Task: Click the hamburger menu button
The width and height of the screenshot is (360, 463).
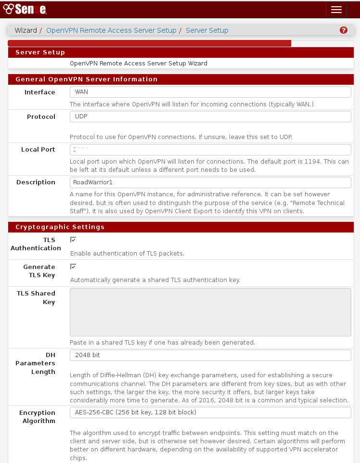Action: (x=336, y=10)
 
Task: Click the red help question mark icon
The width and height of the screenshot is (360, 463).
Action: (x=343, y=30)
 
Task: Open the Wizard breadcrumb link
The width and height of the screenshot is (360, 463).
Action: (x=26, y=30)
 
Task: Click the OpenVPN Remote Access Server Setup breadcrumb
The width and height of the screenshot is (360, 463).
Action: (x=111, y=30)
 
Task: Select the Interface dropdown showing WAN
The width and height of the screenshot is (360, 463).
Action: (x=210, y=92)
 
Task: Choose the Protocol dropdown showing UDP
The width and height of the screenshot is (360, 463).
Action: (x=210, y=116)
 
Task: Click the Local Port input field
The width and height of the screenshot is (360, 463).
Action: (x=210, y=149)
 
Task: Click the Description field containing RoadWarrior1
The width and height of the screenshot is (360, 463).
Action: (x=210, y=182)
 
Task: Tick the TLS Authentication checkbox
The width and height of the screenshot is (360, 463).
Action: (x=73, y=240)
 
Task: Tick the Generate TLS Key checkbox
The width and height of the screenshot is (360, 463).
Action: (x=73, y=267)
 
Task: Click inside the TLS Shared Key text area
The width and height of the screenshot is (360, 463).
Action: (x=210, y=312)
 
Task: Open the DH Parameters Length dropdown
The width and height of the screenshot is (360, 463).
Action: (x=210, y=355)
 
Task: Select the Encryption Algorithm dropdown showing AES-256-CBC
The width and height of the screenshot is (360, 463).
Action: (x=210, y=412)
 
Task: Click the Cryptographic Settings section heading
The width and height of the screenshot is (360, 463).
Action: (x=60, y=227)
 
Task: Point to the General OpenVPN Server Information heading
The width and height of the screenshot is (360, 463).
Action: (x=86, y=79)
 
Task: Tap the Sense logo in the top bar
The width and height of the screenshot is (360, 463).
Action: (x=25, y=10)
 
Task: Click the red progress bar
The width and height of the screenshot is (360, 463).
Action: (x=149, y=43)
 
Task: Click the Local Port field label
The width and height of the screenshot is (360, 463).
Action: (x=38, y=150)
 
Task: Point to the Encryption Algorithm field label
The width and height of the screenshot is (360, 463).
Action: (x=37, y=417)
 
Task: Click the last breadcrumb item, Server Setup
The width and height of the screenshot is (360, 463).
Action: (x=207, y=30)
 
